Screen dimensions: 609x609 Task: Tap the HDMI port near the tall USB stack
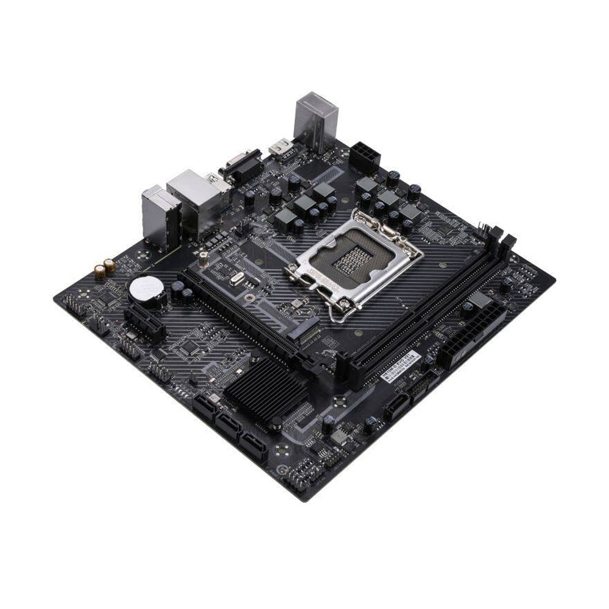281,147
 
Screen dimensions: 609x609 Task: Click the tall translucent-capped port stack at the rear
315,120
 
